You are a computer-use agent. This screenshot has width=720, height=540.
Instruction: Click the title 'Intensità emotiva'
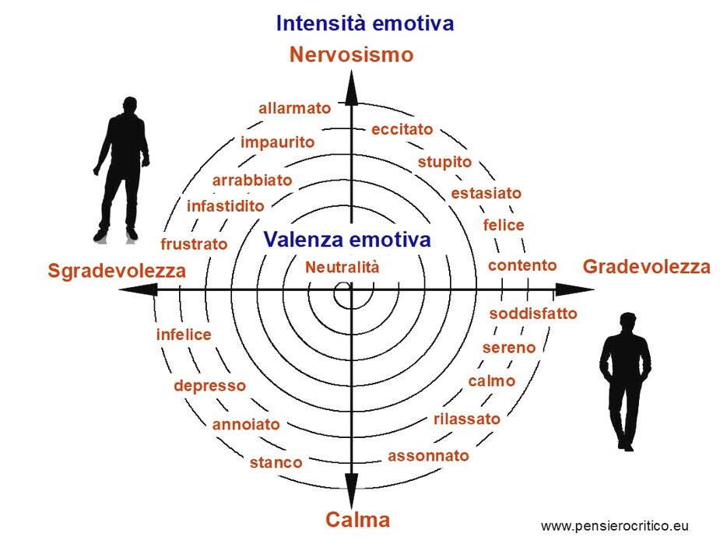coord(365,23)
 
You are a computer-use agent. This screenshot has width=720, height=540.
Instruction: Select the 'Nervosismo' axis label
coord(351,54)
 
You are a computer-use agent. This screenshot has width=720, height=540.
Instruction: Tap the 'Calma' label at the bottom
coord(358,520)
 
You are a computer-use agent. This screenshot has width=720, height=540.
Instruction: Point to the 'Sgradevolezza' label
coord(117,271)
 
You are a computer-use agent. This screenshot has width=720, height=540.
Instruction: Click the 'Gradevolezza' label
coord(647,267)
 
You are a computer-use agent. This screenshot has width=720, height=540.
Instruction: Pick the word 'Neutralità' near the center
coord(342,267)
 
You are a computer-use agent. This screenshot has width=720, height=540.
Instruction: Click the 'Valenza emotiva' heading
coord(347,239)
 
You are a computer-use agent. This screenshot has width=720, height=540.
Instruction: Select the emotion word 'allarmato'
coord(295,108)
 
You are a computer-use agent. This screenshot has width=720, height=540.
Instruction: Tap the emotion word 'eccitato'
coord(402,129)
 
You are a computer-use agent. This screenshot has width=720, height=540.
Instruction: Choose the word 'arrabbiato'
coord(252,180)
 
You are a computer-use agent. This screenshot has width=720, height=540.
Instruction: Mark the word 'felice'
coord(504,225)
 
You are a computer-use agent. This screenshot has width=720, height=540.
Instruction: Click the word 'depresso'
coord(210,386)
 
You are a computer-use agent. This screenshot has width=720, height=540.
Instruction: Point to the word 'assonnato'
coord(428,456)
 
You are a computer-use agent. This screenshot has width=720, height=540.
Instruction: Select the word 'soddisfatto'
coord(533,314)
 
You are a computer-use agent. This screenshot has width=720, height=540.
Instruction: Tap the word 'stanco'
coord(276,462)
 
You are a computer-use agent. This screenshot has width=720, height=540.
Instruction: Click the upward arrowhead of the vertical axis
coord(352,88)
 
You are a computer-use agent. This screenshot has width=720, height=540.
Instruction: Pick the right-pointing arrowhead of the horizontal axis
coord(574,289)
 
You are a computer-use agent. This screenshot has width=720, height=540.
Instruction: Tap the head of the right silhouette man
coord(627,322)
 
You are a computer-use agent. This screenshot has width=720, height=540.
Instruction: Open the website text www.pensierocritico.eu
coord(614,526)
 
